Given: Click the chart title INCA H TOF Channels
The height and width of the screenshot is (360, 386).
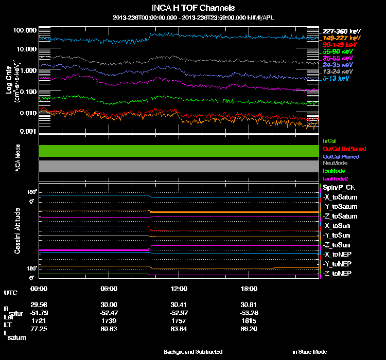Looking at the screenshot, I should [193, 8].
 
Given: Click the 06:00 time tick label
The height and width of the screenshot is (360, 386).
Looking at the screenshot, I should [109, 289].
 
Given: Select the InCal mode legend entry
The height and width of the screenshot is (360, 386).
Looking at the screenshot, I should [329, 140].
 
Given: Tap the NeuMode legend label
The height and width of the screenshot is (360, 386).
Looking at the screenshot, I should [334, 163].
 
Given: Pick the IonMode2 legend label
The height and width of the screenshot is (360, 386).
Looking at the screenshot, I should [336, 178].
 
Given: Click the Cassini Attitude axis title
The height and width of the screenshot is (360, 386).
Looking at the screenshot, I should [17, 230].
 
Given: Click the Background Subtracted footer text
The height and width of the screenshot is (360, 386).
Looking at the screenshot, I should [193, 352].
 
